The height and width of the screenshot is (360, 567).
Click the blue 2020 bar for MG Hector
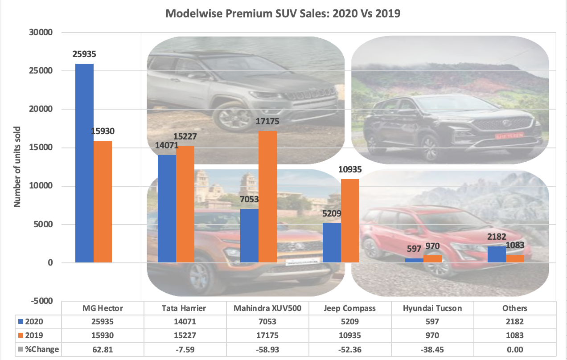coord(84,163)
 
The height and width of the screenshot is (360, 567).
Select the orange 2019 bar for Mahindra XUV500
coord(267,196)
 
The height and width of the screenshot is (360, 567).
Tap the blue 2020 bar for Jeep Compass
coord(331,242)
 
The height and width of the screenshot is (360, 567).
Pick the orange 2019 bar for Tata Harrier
coord(185,204)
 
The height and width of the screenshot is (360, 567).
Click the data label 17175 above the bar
coord(267,121)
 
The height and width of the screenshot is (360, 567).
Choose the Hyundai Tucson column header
coord(425,308)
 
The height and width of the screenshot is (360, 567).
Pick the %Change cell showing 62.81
coord(103,349)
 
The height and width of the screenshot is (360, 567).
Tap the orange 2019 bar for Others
coord(515,258)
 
